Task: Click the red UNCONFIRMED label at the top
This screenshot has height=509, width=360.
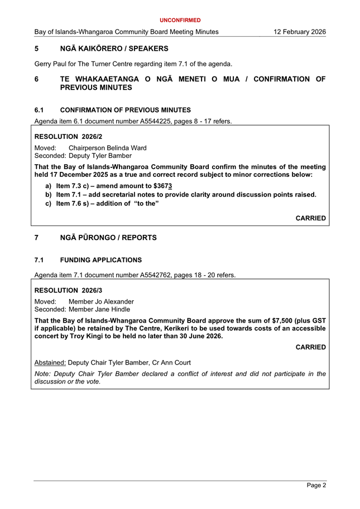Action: [x=180, y=20]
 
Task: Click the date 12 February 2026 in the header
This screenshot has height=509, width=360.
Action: [x=300, y=32]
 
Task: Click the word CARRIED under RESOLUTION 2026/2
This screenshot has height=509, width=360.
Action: [x=310, y=218]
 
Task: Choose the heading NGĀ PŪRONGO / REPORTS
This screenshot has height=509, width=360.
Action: [x=108, y=238]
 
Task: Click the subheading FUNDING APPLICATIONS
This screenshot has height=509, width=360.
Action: [x=100, y=260]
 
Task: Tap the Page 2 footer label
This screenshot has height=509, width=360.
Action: [x=316, y=486]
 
